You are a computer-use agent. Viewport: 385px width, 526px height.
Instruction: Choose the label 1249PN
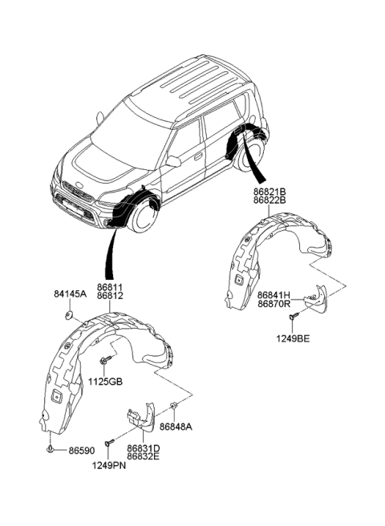tap(108, 464)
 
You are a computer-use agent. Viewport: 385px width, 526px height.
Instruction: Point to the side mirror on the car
tap(173, 161)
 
